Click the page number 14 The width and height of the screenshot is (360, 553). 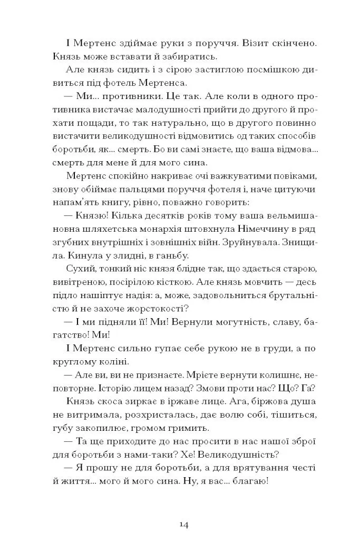(x=180, y=524)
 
